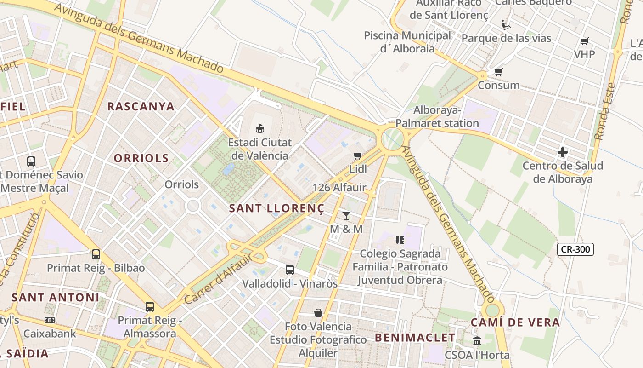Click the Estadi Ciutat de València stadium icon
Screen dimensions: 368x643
point(260,128)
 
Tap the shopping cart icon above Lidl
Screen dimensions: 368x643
point(358,155)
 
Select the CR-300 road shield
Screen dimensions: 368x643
point(575,249)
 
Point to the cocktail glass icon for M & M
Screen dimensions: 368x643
point(346,215)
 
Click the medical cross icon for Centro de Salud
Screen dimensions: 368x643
point(563,152)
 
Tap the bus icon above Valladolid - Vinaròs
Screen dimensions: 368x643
point(289,270)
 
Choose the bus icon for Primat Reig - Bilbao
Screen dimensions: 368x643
point(96,254)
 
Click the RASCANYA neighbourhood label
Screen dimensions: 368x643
point(141,106)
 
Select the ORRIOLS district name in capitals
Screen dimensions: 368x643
point(141,158)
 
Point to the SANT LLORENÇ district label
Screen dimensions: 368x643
point(276,208)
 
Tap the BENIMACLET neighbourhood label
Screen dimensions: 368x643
point(415,338)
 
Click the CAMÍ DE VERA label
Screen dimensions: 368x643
point(515,322)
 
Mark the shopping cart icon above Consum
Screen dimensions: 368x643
point(498,72)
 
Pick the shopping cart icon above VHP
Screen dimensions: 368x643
point(584,41)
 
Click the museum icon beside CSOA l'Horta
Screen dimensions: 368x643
point(477,341)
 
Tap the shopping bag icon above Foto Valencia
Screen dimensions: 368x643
point(318,313)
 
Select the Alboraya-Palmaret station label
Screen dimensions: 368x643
point(437,117)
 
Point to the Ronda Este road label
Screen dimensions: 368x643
point(605,111)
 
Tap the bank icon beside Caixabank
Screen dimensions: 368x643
point(50,320)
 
